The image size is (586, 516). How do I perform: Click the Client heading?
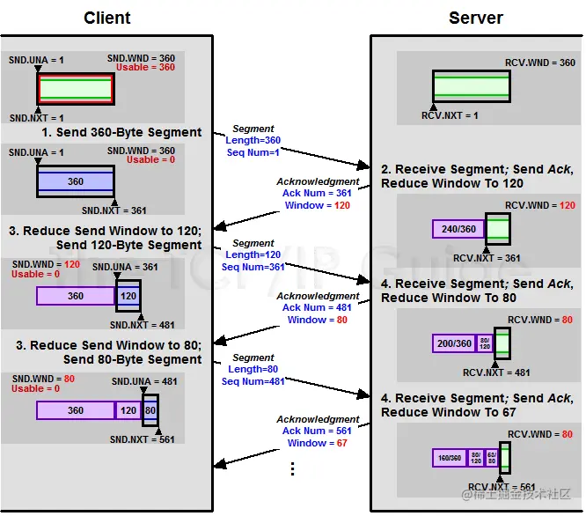107,18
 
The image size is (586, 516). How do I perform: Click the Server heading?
476,18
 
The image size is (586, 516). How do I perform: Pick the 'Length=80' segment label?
253,370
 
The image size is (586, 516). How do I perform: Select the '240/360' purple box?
458,229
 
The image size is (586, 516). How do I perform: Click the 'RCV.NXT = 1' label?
451,115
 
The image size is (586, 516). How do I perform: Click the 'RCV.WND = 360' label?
540,63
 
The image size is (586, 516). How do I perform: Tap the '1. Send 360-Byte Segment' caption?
121,132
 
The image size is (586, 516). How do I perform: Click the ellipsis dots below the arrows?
293,469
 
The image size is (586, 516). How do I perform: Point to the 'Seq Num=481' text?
253,382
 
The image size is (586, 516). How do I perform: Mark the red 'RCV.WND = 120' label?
540,206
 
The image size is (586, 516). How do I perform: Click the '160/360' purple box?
449,458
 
